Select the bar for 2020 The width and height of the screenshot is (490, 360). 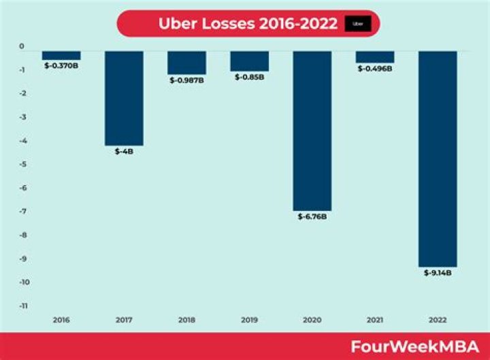pos(312,130)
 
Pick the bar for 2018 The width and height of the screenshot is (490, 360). pos(186,62)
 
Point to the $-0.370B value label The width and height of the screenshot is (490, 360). pos(61,65)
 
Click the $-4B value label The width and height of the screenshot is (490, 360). pos(124,151)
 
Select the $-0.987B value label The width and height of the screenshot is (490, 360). pos(186,80)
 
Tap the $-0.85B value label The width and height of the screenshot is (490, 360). pos(249,77)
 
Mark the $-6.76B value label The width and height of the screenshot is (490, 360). pos(312,216)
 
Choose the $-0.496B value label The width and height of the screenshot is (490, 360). pos(375,68)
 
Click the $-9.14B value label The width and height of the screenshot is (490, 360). pos(438,273)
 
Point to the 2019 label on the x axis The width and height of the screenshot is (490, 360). pos(249,319)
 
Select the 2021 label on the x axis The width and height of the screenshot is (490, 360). pos(375,319)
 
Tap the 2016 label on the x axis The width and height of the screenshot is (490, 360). pos(61,319)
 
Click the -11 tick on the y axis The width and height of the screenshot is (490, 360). pos(22,306)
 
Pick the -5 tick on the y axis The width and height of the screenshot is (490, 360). pos(22,165)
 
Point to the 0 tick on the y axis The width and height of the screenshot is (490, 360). pos(22,46)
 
